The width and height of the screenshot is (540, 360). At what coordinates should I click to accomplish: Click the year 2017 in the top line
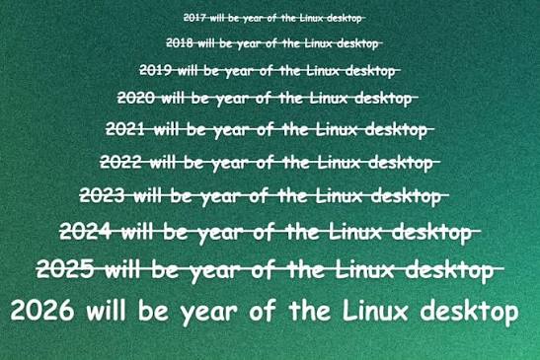point(194,17)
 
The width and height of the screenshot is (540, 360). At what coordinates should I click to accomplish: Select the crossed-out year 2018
point(179,43)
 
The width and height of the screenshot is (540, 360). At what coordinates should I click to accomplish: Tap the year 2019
point(155,70)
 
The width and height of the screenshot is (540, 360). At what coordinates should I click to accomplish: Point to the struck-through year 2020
point(135,98)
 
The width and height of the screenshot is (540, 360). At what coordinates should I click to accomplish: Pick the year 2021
point(125,129)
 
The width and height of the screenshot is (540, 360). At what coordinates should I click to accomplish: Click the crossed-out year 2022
point(120,162)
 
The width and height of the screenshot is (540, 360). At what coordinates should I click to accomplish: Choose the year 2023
point(102,195)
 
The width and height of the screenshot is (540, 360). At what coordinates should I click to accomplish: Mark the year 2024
point(86,231)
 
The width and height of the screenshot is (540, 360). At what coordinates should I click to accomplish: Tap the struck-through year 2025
point(65,269)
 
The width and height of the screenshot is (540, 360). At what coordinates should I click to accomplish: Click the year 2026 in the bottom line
point(42,310)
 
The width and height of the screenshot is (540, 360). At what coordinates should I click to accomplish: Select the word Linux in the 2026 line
point(375,310)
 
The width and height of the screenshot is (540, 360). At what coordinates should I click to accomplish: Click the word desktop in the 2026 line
point(469,312)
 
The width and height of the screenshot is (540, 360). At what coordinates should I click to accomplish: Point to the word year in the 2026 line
point(209,314)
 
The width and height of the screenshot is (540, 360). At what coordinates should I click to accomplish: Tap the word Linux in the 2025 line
point(364,269)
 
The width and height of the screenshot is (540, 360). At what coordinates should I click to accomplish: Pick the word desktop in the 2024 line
point(431,233)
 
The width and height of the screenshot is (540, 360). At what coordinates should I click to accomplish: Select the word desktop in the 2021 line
point(396,130)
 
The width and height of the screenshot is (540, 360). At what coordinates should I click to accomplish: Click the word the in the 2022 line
point(296,162)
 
